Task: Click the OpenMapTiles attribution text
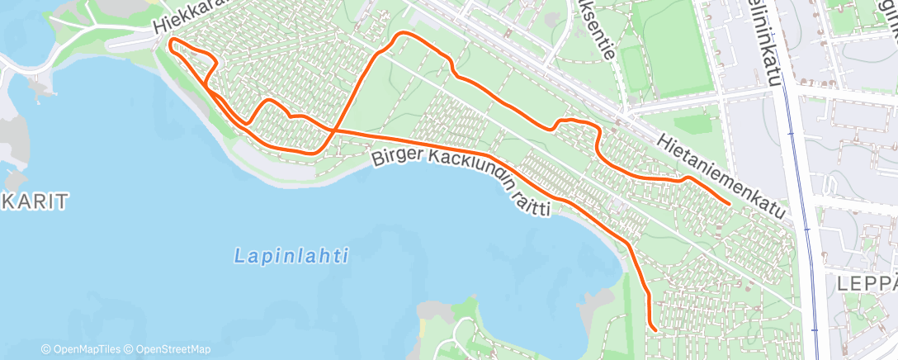pyautogui.click(x=86, y=349)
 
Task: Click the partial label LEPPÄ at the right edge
pyautogui.click(x=866, y=283)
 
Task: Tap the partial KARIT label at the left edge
pyautogui.click(x=32, y=200)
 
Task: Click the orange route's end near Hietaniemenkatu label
pyautogui.click(x=730, y=202)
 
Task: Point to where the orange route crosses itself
pyautogui.click(x=333, y=130)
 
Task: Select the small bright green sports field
pyautogui.click(x=636, y=69)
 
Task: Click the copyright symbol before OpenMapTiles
pyautogui.click(x=46, y=349)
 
